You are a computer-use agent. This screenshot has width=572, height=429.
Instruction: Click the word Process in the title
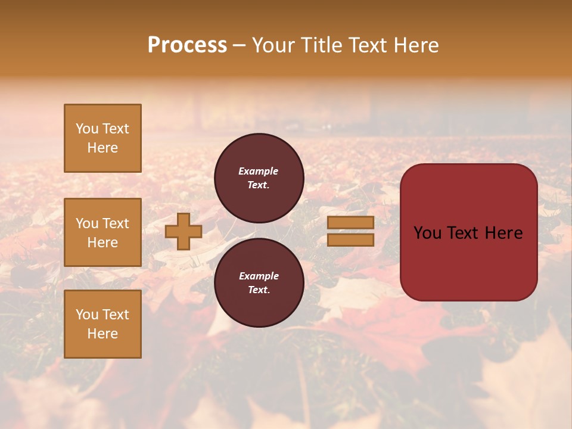coord(187,45)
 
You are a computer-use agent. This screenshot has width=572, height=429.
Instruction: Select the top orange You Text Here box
coord(102,138)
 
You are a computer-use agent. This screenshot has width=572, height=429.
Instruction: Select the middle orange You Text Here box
coord(102,232)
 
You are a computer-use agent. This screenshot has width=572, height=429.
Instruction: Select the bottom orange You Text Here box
coord(102,324)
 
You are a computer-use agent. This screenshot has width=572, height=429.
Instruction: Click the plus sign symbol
coord(184,231)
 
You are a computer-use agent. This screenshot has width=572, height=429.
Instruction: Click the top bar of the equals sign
coord(350,222)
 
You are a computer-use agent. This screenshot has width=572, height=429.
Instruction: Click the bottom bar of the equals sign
coord(350,240)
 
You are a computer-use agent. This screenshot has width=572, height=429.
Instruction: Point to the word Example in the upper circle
coord(259,171)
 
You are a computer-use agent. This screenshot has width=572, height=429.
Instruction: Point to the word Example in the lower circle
coord(259,276)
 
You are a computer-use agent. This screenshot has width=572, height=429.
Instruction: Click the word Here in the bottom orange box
coord(102,334)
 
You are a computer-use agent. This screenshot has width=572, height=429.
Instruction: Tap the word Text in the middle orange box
coord(116,223)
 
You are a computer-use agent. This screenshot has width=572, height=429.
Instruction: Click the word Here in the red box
coord(503,233)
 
